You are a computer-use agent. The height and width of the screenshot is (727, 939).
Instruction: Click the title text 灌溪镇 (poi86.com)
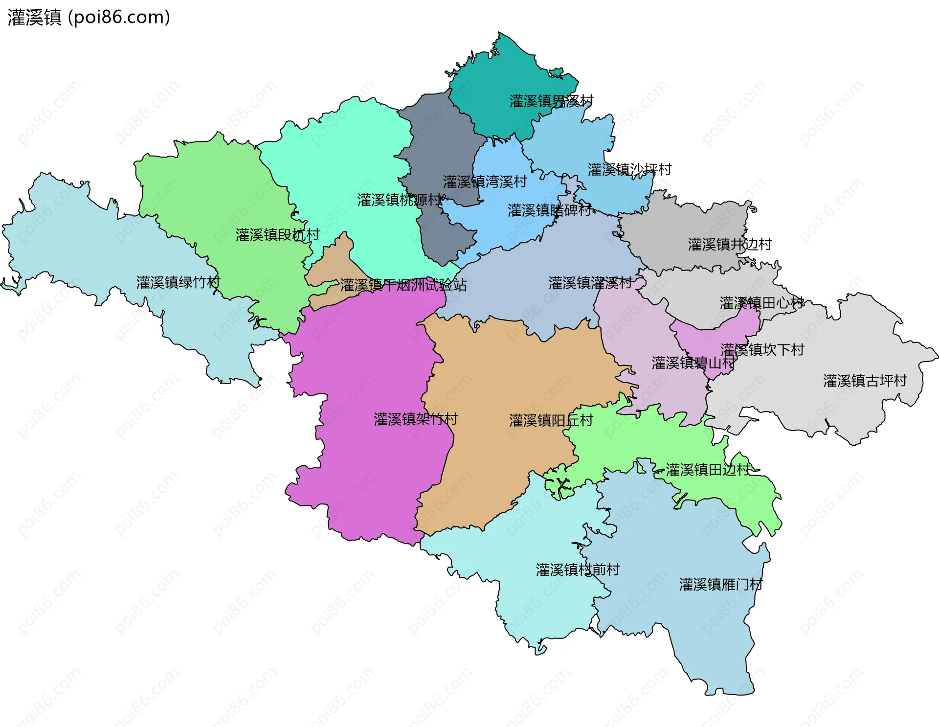click(89, 17)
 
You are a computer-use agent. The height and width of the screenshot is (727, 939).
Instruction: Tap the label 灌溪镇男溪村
click(551, 101)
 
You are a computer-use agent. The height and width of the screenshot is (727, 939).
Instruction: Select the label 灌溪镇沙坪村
click(629, 170)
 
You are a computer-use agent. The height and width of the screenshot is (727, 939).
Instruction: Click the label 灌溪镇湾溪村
click(485, 182)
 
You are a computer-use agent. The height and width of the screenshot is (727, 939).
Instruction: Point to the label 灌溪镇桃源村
click(399, 200)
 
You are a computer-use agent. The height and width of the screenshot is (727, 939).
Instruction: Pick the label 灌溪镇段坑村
click(277, 235)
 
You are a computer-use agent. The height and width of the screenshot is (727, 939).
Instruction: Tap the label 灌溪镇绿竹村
click(178, 282)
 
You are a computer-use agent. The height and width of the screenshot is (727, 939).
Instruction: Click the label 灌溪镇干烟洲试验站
click(403, 285)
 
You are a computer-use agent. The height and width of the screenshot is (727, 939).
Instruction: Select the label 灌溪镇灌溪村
click(590, 283)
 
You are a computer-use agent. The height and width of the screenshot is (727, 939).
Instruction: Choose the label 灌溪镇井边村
click(730, 244)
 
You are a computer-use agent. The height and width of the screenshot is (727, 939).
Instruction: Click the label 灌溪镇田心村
click(761, 303)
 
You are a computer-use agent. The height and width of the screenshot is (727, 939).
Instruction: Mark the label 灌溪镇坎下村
click(762, 350)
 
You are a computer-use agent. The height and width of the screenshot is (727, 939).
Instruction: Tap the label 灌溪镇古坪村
click(865, 381)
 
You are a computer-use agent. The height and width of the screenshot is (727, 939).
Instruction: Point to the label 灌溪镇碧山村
click(693, 363)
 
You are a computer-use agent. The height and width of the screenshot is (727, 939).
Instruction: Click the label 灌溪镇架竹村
click(416, 419)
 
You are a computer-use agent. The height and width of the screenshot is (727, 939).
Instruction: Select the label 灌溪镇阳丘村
click(551, 420)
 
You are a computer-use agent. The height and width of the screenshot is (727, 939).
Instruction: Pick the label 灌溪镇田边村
click(708, 470)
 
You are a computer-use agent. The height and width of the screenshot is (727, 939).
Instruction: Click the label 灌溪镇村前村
click(578, 570)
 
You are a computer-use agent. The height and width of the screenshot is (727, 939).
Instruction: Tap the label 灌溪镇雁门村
click(721, 585)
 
